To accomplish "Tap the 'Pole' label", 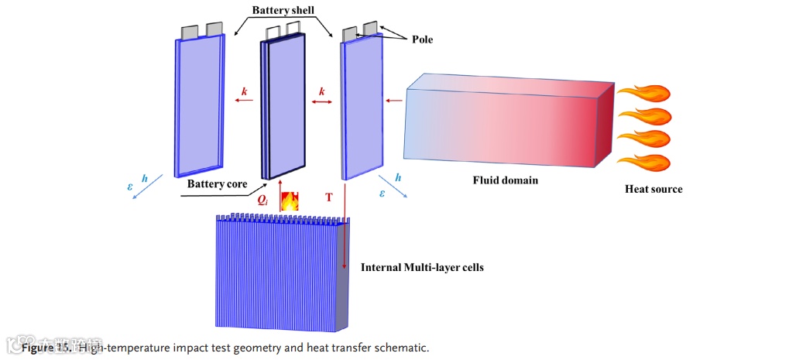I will pos(422,39).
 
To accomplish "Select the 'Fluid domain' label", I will pos(505,180).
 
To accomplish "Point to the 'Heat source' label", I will pos(653,189).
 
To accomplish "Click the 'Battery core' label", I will pos(217,185).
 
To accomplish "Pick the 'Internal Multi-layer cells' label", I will pos(422,268).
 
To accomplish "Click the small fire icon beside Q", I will pos(289,201).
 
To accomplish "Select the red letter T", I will pos(329,198).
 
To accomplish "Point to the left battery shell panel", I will pos(200,105).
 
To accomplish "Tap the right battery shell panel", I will pos(362,108).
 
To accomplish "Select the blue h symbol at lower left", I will pos(145,178).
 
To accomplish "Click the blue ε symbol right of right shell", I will pos(382,194).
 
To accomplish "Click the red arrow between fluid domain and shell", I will pos(393,100).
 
